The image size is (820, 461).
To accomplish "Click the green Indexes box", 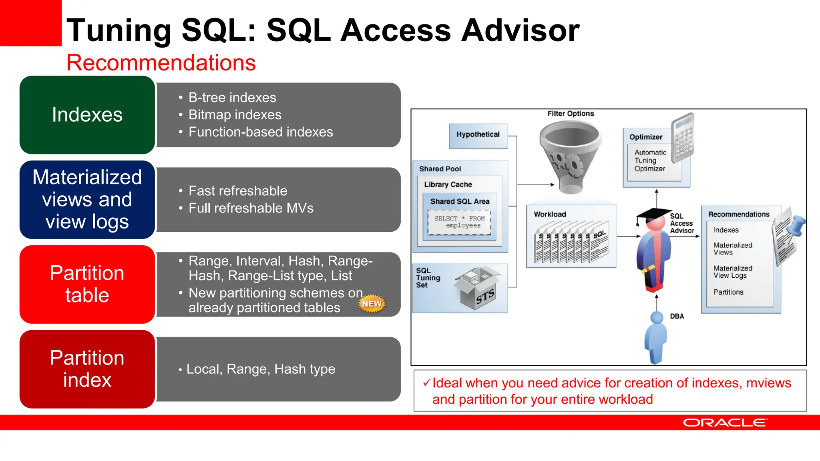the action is [87, 115].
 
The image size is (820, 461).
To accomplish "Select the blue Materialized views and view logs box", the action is [87, 199].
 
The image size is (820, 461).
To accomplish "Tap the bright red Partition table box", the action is [87, 284].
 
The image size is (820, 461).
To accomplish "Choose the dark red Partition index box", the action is [87, 369].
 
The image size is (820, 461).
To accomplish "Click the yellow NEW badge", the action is [372, 304].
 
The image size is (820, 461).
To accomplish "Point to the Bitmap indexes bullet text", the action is [235, 115].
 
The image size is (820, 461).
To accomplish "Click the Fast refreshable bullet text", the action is [237, 191].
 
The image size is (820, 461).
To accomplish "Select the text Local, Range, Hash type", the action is [261, 369].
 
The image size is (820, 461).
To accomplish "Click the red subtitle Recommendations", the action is [161, 63].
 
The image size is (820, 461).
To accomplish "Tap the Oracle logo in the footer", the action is [725, 423].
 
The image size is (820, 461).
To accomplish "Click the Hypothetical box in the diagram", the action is [478, 135].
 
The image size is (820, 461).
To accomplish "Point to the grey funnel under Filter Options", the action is [570, 156].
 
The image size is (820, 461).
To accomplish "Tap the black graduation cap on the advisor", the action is [653, 214].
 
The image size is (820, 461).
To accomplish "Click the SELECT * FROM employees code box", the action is [459, 222].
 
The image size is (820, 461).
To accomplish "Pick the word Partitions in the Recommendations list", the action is [728, 292].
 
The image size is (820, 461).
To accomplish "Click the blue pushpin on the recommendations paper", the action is [796, 225].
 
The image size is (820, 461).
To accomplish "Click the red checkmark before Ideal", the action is [426, 383].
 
